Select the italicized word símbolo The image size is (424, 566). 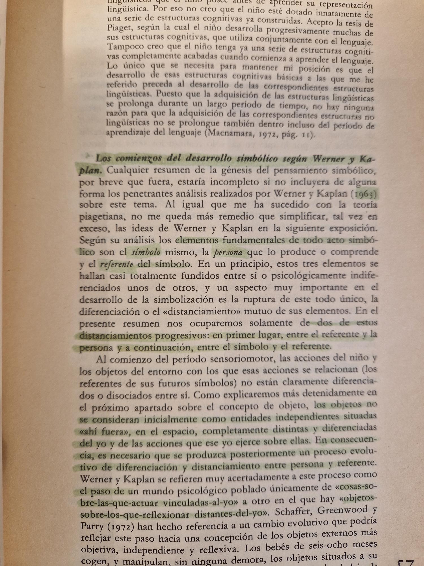coord(146,252)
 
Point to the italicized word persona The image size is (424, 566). coord(228,252)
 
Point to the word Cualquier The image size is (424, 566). coord(130,171)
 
